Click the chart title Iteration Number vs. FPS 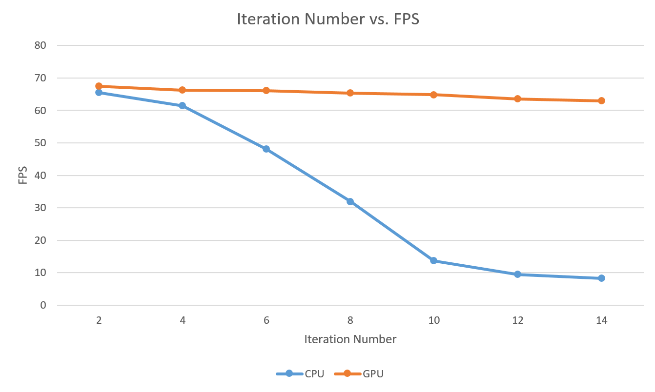coord(327,19)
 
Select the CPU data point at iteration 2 coord(99,92)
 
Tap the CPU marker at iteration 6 coord(266,149)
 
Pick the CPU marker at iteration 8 coord(350,201)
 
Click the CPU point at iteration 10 coord(433,260)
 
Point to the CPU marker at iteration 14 coord(601,278)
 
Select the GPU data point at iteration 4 coord(183,90)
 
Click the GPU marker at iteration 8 coord(350,93)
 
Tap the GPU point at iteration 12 coord(517,98)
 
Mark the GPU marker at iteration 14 coord(601,100)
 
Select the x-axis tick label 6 coord(266,320)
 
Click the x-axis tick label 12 coord(517,320)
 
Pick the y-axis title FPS coord(22,175)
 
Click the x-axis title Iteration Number coord(350,339)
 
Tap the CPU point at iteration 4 coord(183,105)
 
